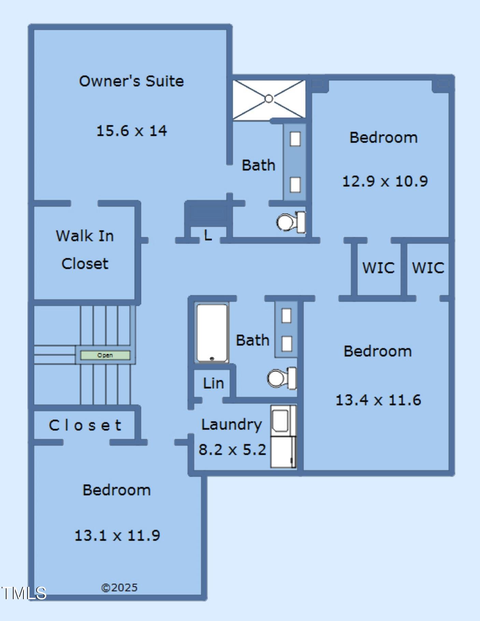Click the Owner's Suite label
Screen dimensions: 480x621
click(131, 81)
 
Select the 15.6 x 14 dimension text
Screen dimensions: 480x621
click(132, 131)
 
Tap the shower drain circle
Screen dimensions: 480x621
click(269, 99)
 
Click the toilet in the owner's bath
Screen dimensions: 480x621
click(291, 222)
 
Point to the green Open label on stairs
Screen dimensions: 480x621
click(105, 355)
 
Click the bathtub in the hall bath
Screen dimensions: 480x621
click(212, 333)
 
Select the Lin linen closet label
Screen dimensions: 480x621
click(213, 383)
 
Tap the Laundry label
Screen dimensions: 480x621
click(231, 425)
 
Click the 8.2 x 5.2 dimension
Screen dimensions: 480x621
click(232, 449)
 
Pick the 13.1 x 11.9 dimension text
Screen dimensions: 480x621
click(117, 535)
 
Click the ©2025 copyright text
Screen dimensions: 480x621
click(119, 588)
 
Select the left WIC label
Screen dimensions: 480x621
click(378, 268)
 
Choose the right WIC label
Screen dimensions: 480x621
click(428, 268)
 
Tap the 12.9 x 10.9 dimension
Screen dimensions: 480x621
click(385, 181)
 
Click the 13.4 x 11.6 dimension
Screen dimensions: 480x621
click(378, 400)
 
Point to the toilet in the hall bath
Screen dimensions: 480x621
click(282, 378)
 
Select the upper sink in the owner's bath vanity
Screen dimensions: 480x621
click(295, 139)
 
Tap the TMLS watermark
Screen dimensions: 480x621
click(24, 593)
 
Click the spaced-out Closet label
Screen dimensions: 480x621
click(85, 425)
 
